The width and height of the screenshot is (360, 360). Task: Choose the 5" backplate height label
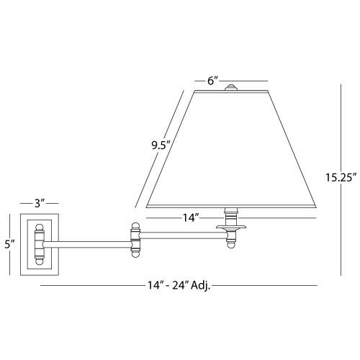(9, 244)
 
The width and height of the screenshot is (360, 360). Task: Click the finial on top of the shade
(231, 89)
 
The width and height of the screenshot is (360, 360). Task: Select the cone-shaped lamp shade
(230, 151)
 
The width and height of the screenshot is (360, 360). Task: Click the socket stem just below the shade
(231, 215)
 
